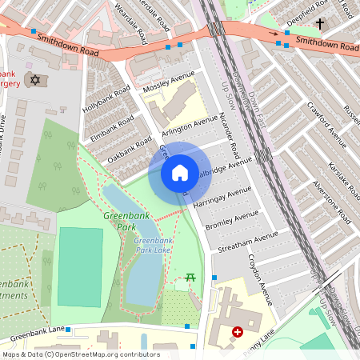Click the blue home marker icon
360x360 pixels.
click(180, 172)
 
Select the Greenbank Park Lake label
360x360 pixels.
click(153, 246)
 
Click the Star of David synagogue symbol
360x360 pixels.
click(34, 79)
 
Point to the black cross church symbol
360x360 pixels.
click(320, 24)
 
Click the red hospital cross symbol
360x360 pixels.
click(237, 331)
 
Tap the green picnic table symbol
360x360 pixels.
click(191, 277)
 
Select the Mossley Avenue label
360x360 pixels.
click(169, 82)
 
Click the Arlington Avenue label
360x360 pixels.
click(190, 126)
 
